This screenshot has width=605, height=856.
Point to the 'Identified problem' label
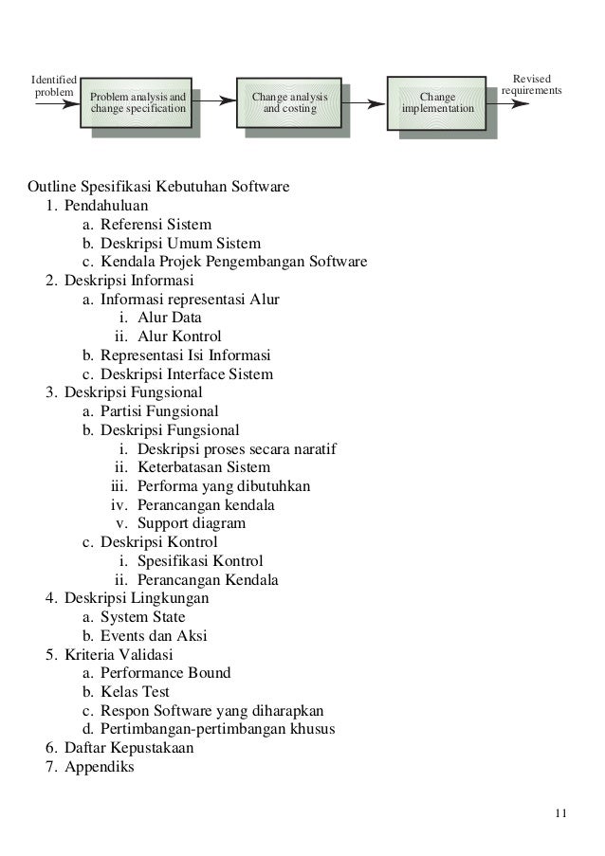click(x=54, y=85)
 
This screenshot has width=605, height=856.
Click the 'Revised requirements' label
click(x=531, y=85)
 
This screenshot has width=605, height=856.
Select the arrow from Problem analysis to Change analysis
click(x=215, y=99)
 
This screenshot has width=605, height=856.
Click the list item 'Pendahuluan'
click(x=106, y=204)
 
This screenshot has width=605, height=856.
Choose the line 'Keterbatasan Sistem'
click(x=203, y=467)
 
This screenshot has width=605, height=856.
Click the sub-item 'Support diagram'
click(x=191, y=523)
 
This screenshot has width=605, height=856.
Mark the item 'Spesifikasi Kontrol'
click(x=199, y=561)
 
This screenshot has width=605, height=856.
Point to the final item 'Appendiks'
click(x=100, y=767)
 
